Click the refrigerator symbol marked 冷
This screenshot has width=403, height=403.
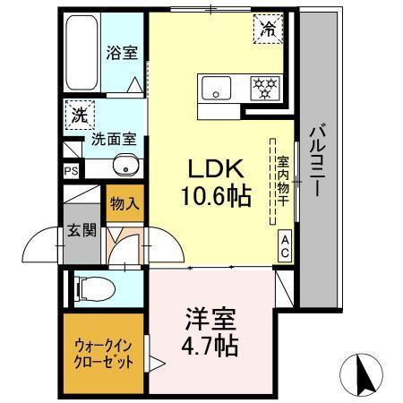click(269, 29)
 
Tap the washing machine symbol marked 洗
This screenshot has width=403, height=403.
click(79, 115)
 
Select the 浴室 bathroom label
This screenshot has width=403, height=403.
click(122, 54)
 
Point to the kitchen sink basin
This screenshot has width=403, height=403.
click(217, 88)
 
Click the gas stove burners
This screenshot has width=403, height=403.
click(265, 88)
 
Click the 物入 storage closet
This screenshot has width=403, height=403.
click(124, 203)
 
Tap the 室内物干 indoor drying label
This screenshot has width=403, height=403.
click(282, 182)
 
